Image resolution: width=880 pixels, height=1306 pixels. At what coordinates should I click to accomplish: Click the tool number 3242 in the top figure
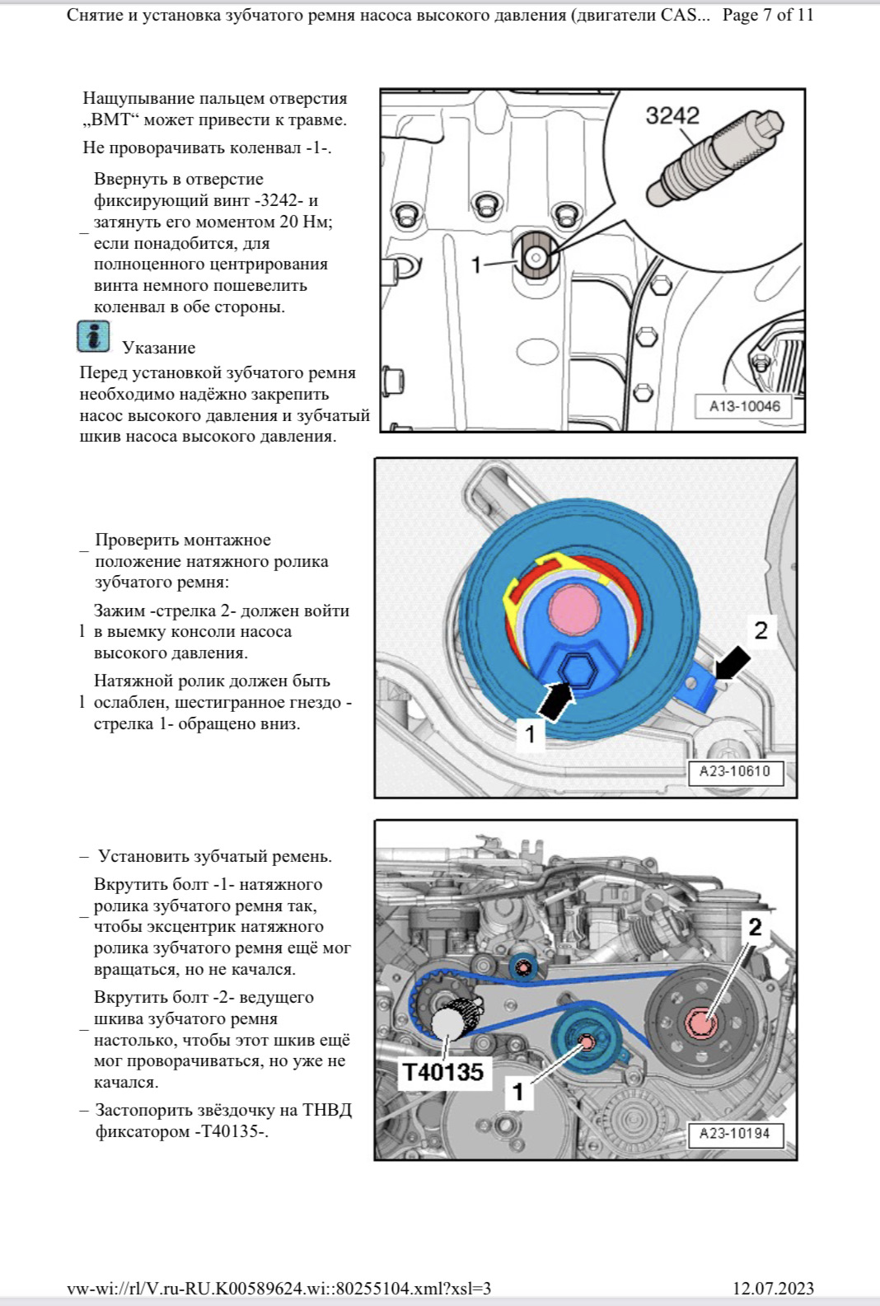(672, 116)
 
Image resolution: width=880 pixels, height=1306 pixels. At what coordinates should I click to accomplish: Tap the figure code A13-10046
(744, 406)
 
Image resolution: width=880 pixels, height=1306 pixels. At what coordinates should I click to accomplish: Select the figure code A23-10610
(734, 771)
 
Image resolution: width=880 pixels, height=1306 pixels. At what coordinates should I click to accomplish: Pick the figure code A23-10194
(734, 1134)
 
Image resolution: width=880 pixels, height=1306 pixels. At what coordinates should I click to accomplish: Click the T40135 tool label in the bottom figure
(443, 1073)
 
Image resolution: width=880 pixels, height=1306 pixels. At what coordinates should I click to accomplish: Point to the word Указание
(159, 348)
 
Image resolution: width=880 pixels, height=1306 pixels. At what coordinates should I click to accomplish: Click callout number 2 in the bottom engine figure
(755, 927)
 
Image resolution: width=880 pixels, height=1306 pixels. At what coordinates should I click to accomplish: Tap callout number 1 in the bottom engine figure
(518, 1093)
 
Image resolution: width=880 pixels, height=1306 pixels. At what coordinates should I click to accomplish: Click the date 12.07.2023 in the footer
(773, 1289)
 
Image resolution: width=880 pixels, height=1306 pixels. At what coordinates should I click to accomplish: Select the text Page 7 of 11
(768, 15)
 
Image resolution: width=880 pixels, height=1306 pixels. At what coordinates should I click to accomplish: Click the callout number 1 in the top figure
(475, 264)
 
